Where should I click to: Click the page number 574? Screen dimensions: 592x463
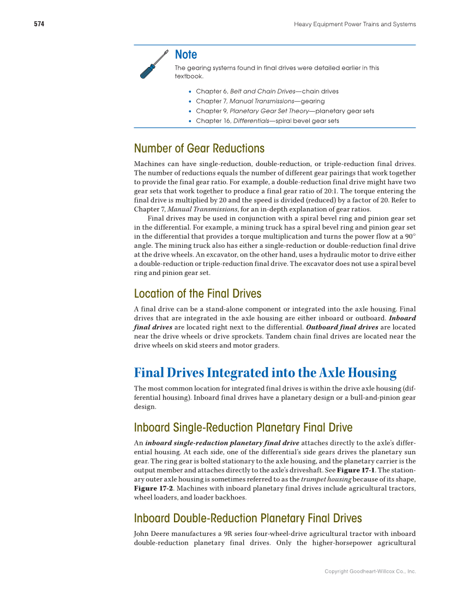[39, 24]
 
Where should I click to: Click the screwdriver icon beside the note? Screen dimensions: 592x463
[154, 64]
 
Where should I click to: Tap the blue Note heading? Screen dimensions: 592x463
[186, 54]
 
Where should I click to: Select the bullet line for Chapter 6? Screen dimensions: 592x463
[267, 91]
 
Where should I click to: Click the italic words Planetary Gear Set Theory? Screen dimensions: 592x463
[261, 111]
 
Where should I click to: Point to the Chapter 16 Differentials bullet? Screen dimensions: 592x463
[267, 121]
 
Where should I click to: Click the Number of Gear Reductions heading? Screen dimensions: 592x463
[199, 148]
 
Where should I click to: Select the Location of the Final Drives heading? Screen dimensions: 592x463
[197, 294]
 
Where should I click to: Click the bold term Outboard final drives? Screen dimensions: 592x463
[342, 327]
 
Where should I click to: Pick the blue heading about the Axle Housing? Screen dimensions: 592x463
[265, 373]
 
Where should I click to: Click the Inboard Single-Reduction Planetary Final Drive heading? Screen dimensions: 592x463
[243, 428]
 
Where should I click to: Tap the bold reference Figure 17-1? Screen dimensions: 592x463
[355, 470]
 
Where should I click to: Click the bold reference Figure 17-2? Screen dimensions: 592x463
[152, 489]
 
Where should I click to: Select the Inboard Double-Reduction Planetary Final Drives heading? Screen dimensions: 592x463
[248, 518]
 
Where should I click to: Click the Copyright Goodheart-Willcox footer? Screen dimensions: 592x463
[370, 571]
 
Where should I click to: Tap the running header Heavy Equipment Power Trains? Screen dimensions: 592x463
[354, 24]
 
